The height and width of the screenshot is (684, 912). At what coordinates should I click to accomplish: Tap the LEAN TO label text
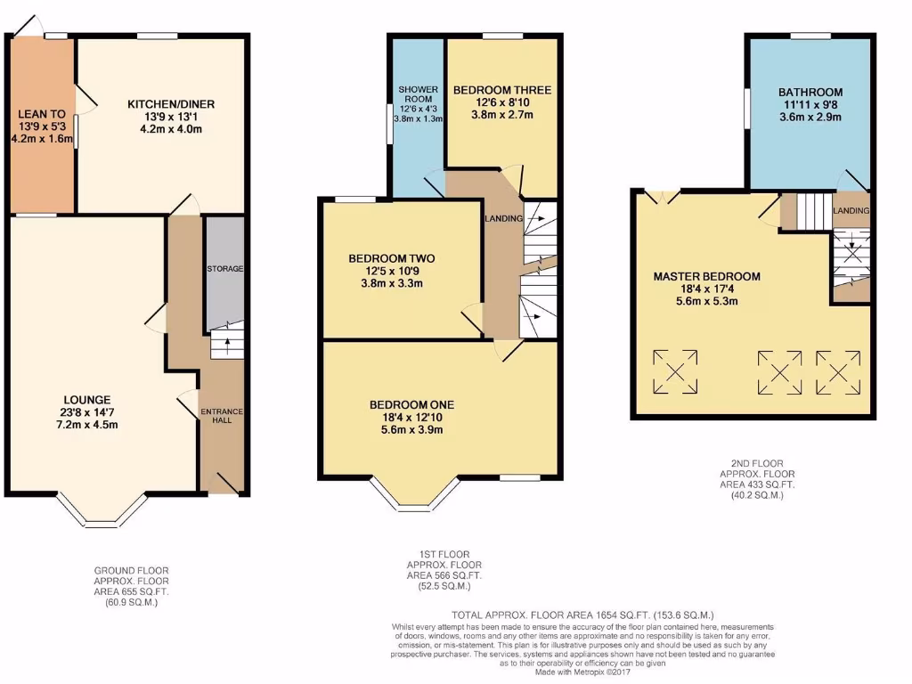41,114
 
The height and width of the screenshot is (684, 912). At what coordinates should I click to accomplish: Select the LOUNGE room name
87,399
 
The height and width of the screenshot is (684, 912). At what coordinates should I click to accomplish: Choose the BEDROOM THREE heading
501,90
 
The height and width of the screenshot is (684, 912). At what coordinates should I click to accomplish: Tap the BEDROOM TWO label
391,259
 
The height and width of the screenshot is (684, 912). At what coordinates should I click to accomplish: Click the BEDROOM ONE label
406,404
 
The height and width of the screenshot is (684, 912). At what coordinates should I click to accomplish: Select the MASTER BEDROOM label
706,276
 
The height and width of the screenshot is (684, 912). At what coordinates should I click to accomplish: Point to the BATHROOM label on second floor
810,92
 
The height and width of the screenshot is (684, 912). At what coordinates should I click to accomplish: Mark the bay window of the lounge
102,509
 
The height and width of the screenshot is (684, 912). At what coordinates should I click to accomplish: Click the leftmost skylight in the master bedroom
676,371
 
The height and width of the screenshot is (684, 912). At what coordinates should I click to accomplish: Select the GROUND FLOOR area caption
131,586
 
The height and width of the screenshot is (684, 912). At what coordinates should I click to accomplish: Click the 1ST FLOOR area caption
444,570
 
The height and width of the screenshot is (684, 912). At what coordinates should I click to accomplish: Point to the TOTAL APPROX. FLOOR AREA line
582,615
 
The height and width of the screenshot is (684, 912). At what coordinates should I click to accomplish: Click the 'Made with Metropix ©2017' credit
582,672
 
